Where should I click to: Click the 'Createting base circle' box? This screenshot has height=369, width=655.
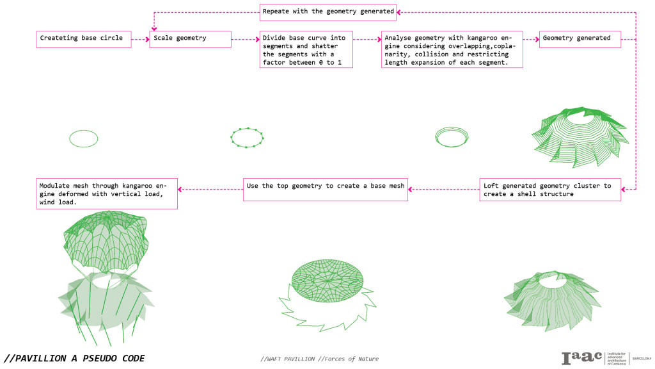click(x=83, y=38)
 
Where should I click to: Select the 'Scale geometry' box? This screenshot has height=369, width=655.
click(x=191, y=38)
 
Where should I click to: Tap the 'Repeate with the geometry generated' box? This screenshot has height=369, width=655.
click(x=328, y=12)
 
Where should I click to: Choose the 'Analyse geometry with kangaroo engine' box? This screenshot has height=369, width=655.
click(x=452, y=49)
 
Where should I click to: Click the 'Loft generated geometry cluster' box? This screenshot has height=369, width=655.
click(x=550, y=190)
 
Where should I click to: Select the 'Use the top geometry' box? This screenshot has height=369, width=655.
click(x=326, y=190)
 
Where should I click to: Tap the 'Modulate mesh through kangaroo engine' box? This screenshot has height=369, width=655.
click(x=107, y=193)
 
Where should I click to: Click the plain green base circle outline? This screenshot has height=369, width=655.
click(x=84, y=138)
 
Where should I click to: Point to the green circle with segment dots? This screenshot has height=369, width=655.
click(x=247, y=138)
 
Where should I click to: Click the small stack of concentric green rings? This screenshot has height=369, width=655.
click(x=452, y=136)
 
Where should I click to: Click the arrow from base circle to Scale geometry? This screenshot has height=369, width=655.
click(x=140, y=39)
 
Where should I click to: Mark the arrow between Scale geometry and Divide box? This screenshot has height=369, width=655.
click(x=245, y=39)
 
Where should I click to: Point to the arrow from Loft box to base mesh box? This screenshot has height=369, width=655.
click(x=444, y=189)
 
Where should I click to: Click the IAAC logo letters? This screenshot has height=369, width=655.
click(x=581, y=358)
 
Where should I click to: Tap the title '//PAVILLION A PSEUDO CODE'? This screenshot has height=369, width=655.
click(x=74, y=358)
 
